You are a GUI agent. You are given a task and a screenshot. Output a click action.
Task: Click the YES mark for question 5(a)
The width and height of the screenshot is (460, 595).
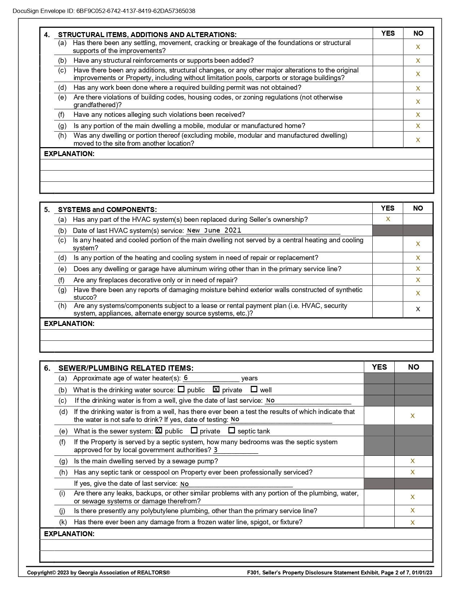click(x=388, y=219)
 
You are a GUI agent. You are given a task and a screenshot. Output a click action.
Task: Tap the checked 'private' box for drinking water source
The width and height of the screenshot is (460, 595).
click(x=216, y=389)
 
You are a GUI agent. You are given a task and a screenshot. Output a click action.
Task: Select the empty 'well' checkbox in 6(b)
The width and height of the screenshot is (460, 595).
click(x=254, y=389)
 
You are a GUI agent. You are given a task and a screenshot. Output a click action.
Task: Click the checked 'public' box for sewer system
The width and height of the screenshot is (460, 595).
click(x=159, y=431)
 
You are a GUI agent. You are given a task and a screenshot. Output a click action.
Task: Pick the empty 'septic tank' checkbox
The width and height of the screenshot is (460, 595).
click(x=232, y=431)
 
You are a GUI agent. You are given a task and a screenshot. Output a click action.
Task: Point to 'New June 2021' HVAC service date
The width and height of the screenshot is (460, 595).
click(x=214, y=231)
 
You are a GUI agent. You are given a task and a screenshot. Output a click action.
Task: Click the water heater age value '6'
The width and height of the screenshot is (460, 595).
click(x=186, y=378)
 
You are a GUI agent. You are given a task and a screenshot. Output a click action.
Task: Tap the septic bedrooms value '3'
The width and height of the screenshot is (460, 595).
click(x=216, y=450)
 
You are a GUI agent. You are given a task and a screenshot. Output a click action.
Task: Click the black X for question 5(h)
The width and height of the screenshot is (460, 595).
click(x=418, y=309)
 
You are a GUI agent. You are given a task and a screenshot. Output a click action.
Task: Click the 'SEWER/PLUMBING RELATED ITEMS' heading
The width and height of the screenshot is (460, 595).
click(x=126, y=368)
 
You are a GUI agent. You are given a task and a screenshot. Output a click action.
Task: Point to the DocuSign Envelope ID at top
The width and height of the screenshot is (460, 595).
click(x=104, y=11)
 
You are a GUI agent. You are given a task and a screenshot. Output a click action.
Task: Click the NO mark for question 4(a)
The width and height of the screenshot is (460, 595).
click(x=418, y=47)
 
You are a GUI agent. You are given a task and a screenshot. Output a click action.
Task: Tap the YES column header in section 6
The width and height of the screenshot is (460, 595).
click(x=379, y=367)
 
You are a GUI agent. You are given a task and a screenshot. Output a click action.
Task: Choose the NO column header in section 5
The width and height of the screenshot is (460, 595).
click(x=418, y=208)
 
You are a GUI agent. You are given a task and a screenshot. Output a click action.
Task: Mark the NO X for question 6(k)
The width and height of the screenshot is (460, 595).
click(x=413, y=522)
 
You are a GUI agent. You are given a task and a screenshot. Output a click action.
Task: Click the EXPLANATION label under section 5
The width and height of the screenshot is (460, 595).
click(x=69, y=323)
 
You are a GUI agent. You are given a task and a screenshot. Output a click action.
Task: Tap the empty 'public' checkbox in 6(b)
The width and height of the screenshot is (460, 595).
click(x=181, y=389)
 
